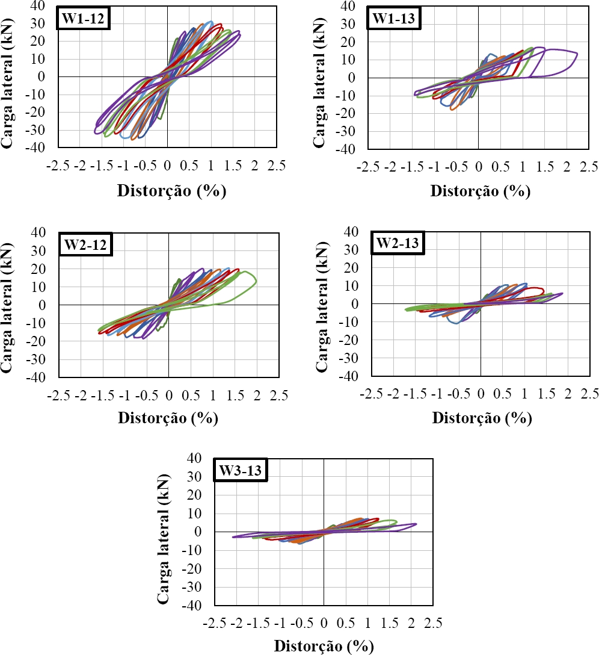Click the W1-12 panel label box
(84, 19)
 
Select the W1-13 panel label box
(395, 19)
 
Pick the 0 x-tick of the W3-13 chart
(324, 622)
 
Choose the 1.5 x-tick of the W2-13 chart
(547, 393)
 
